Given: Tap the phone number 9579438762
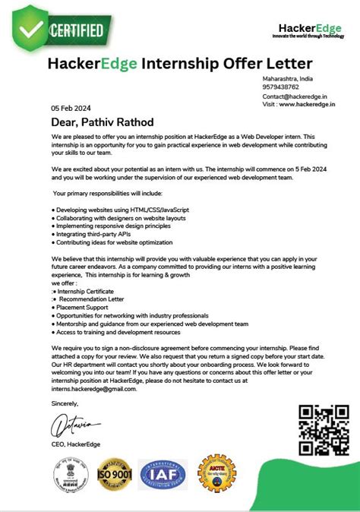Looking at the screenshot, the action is (x=283, y=87).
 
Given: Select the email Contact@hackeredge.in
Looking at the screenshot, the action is (x=294, y=96).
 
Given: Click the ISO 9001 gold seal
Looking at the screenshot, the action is (x=115, y=474).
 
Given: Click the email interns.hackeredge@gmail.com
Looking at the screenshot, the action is (x=93, y=388).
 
